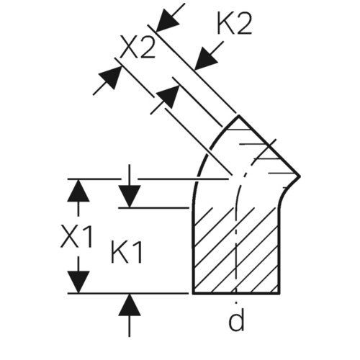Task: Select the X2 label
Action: point(138,46)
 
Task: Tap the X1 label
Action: point(76,236)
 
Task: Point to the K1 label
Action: point(127,252)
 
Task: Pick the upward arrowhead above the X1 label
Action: point(78,191)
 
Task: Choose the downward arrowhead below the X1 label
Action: point(78,282)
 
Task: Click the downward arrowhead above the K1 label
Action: point(130,197)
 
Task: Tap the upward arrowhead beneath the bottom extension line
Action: point(130,305)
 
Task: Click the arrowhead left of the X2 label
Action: point(111,77)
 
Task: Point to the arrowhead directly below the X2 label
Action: point(168,96)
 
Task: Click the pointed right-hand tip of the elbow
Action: point(300,176)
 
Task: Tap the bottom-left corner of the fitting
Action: point(193,293)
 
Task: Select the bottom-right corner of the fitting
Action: point(279,293)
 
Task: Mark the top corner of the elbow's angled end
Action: point(238,116)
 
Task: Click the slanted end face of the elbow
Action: point(269,146)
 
